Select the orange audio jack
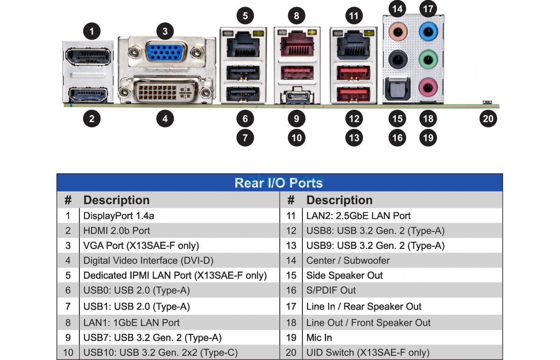click(x=398, y=32)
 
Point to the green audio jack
click(x=427, y=59)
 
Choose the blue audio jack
click(x=427, y=32)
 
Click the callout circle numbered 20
click(x=488, y=119)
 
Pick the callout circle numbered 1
click(x=92, y=31)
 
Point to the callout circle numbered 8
click(x=296, y=15)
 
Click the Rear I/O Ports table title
click(x=279, y=183)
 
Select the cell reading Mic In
click(x=319, y=338)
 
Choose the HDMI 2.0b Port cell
click(x=117, y=231)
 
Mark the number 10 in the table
click(x=68, y=352)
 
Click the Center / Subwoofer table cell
click(x=348, y=261)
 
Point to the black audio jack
click(x=398, y=59)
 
